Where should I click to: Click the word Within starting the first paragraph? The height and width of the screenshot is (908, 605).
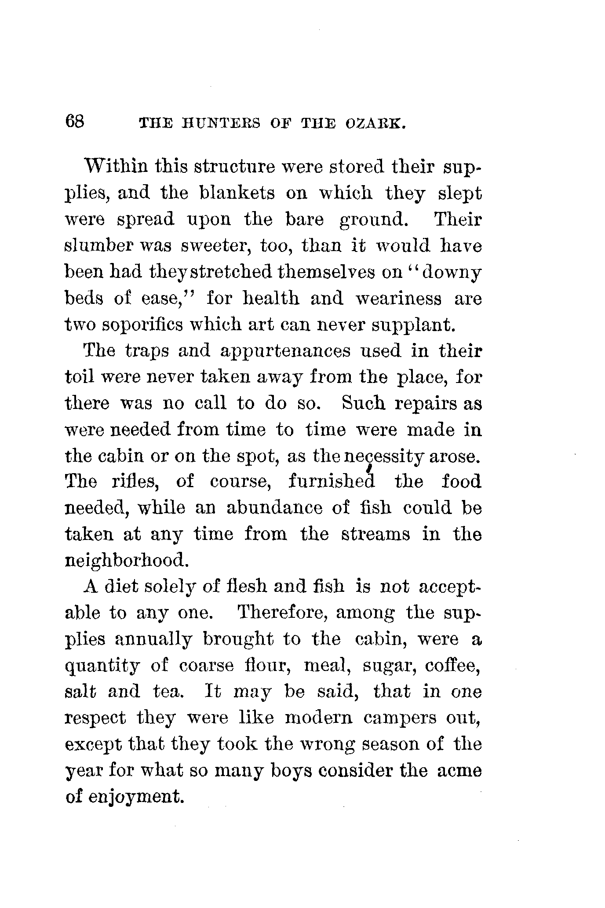click(x=116, y=167)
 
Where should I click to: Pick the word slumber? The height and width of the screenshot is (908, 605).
click(x=97, y=246)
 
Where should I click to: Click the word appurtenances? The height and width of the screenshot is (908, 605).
click(x=285, y=352)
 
